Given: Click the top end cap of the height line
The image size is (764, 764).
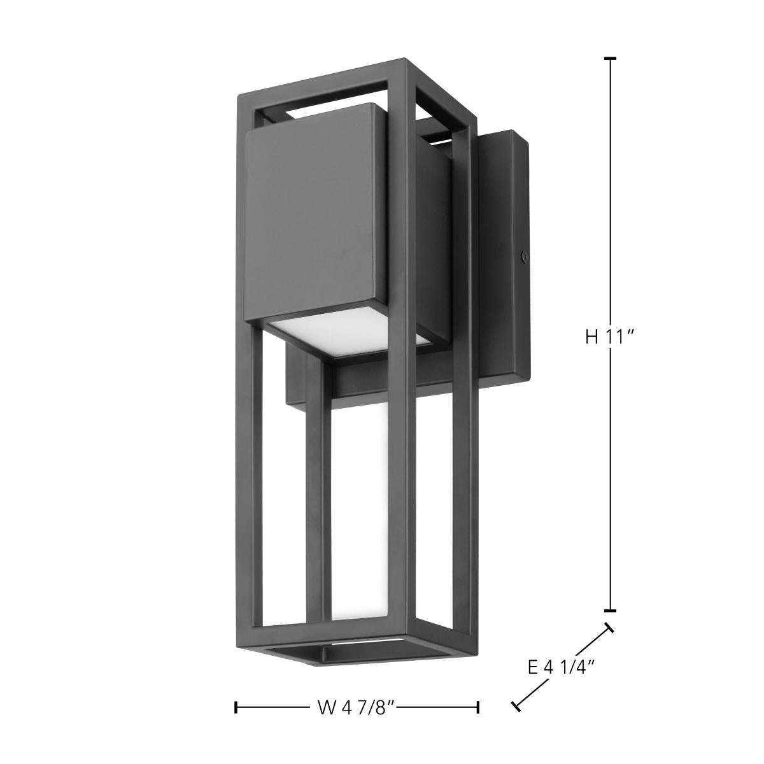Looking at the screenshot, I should tap(610, 59).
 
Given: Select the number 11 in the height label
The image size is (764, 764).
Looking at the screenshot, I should tap(614, 337).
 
